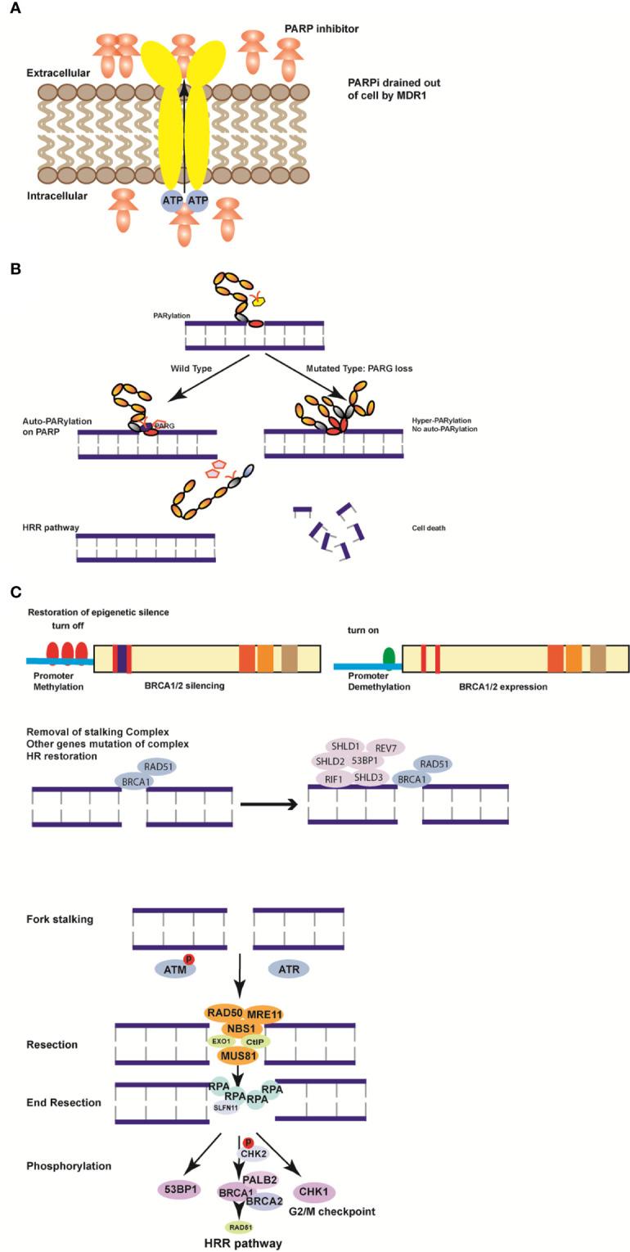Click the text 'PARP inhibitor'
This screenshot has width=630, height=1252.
pyautogui.click(x=322, y=29)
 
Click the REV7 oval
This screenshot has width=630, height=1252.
pyautogui.click(x=385, y=747)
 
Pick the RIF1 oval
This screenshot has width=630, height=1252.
pyautogui.click(x=333, y=779)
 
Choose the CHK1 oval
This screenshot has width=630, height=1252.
pyautogui.click(x=314, y=1191)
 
